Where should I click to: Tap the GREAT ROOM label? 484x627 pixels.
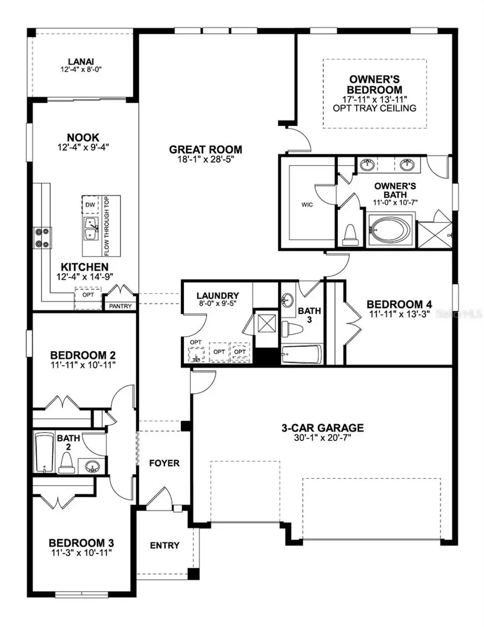click(198, 149)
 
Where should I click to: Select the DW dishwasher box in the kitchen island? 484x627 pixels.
click(90, 205)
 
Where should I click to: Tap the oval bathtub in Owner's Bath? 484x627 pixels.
click(391, 230)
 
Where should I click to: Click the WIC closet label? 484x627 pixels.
click(307, 204)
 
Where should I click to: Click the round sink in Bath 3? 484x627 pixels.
click(287, 300)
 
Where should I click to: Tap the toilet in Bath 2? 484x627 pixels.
click(67, 461)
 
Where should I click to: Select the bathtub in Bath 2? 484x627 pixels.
click(43, 452)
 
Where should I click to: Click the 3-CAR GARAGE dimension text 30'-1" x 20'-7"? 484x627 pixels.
click(323, 439)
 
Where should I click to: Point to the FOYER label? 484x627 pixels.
click(164, 463)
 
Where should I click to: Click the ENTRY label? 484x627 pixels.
click(165, 545)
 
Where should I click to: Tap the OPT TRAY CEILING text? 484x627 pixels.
click(375, 108)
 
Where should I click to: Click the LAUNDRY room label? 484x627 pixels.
click(217, 296)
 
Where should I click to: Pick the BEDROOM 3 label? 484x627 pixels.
click(81, 543)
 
